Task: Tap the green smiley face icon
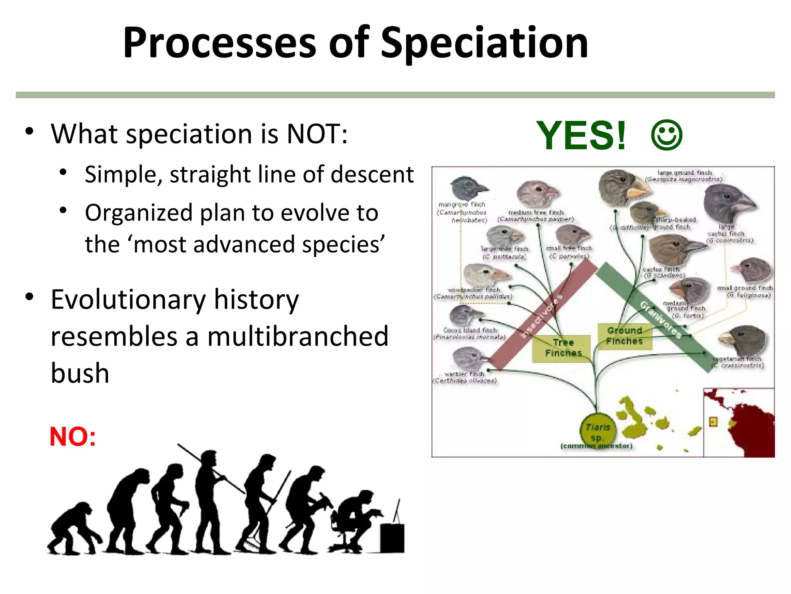[x=667, y=135]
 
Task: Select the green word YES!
[x=581, y=135]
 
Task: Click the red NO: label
[x=73, y=437]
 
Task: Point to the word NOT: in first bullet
[x=317, y=134]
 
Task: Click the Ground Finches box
[x=625, y=336]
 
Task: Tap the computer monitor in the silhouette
[x=392, y=538]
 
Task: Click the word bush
[x=80, y=374]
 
